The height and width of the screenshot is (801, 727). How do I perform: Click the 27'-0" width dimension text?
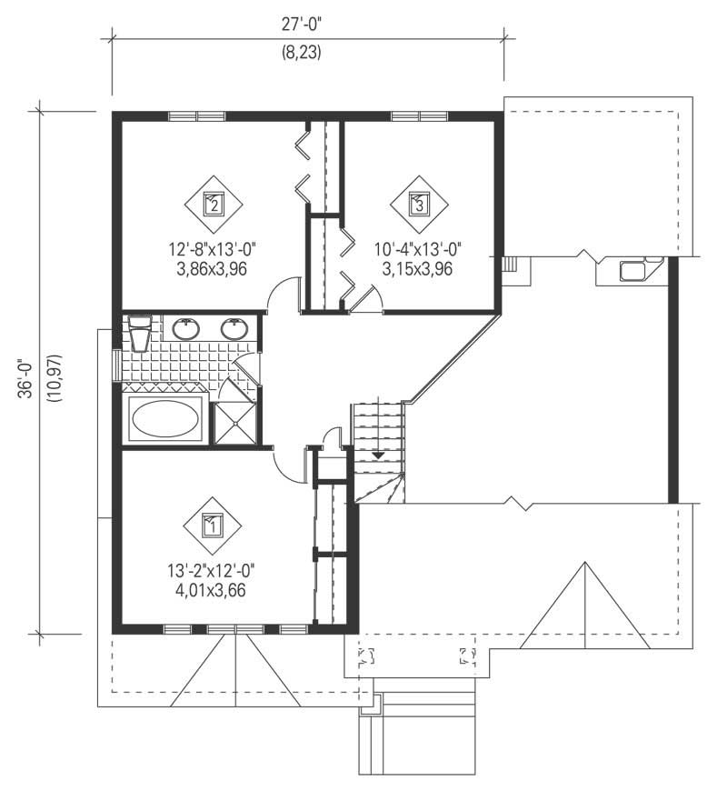307,26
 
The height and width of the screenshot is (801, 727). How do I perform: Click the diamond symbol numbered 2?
214,203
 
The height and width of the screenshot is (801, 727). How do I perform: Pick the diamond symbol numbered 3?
419,203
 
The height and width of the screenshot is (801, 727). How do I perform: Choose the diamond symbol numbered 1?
212,525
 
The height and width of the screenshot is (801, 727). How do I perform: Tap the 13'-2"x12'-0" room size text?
211,572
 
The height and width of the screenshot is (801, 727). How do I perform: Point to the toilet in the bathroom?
139,333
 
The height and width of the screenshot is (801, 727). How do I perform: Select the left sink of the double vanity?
187,328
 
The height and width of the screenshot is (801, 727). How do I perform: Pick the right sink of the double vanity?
235,328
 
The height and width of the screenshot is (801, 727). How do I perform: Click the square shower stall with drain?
234,424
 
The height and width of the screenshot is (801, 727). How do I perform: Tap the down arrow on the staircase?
379,454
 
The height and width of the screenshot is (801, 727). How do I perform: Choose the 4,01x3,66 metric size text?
211,590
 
